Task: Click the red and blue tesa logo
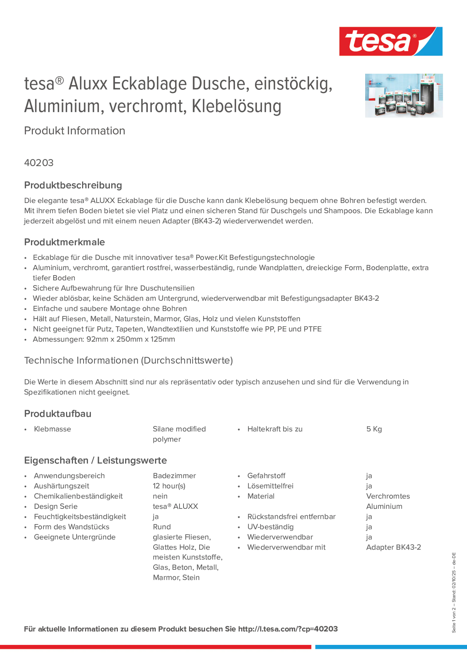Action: point(391,41)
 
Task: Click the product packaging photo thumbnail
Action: point(404,95)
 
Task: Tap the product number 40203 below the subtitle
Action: point(39,163)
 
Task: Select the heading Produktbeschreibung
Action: point(73,185)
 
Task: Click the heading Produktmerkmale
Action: point(65,242)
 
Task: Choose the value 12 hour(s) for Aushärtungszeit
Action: point(169,486)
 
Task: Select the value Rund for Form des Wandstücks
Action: point(162,527)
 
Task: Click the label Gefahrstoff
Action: point(266,476)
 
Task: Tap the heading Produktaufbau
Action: point(58,414)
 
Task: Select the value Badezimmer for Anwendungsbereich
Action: point(174,476)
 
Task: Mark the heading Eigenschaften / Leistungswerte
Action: point(95,460)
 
